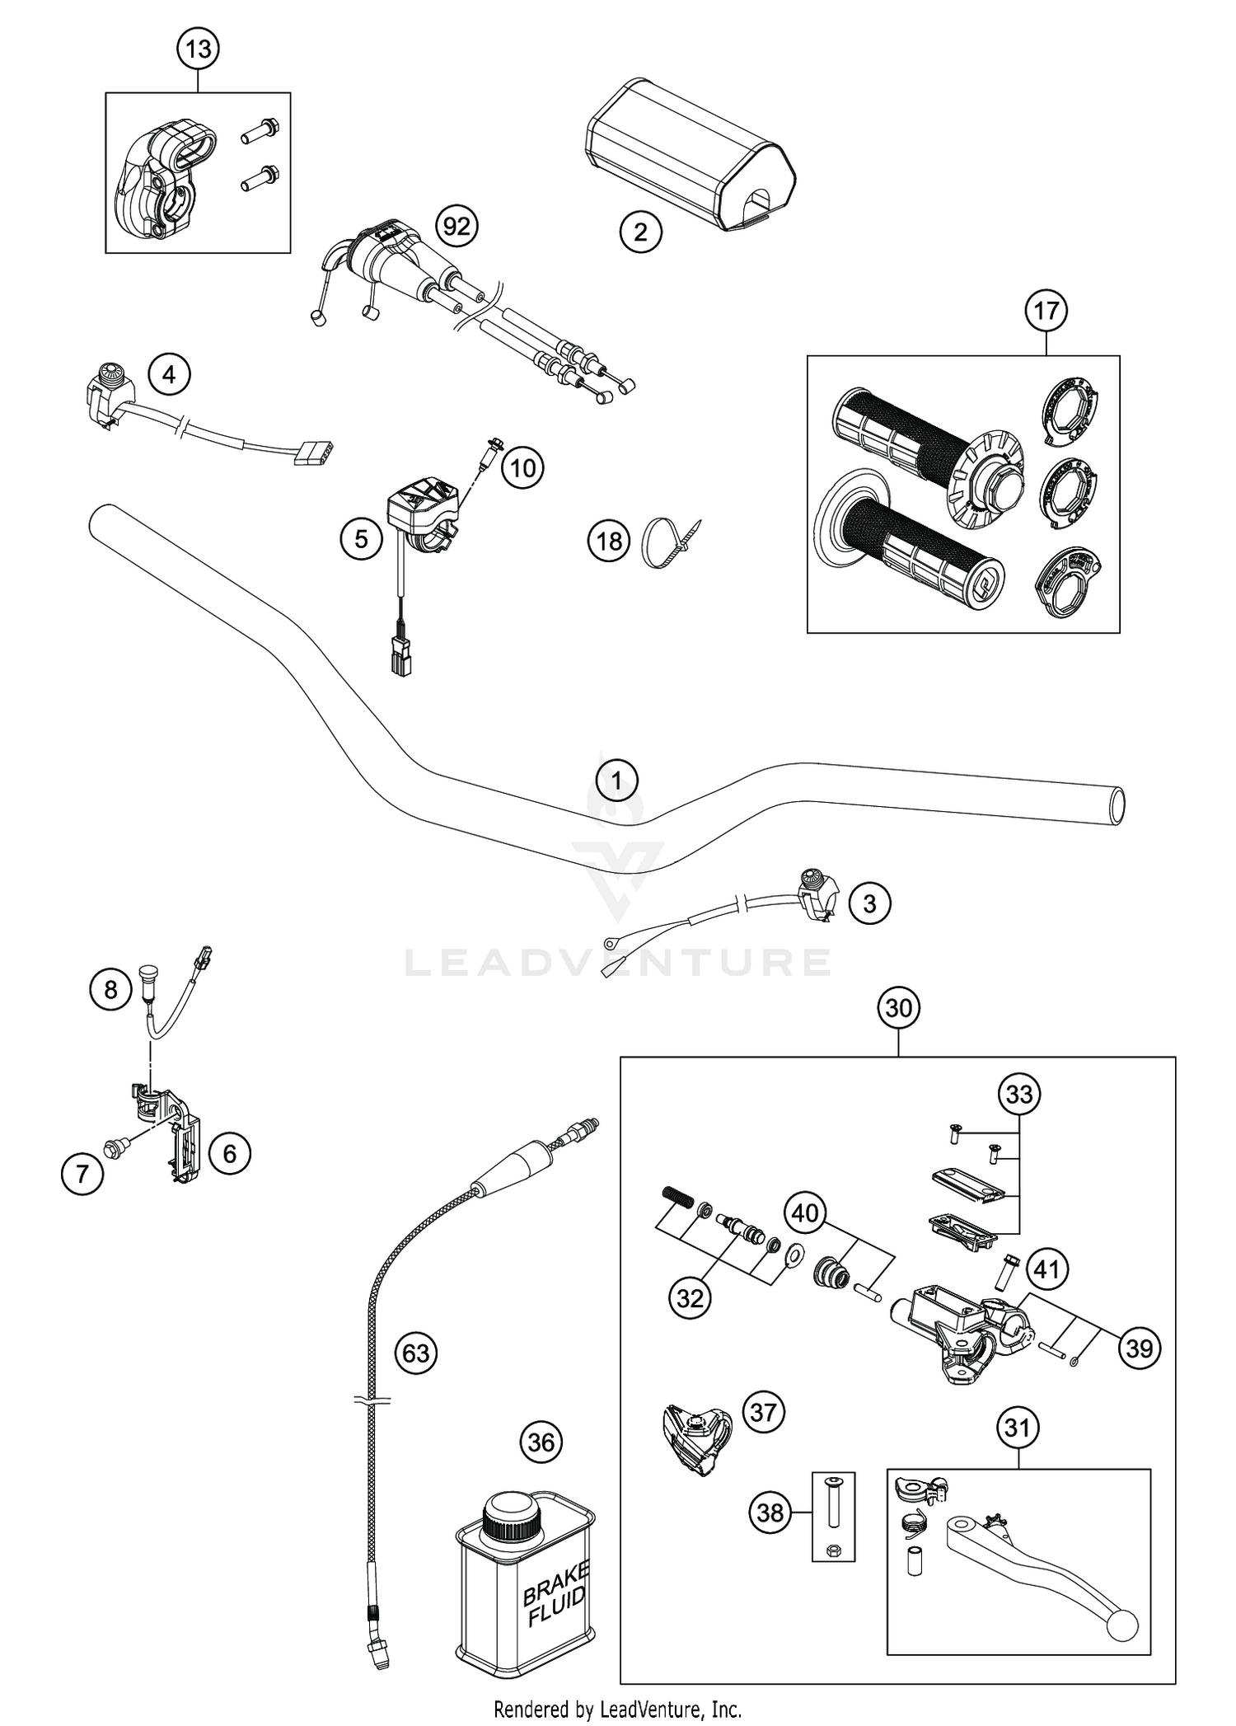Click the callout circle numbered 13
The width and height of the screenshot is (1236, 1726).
198,49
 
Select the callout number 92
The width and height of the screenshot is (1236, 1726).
456,225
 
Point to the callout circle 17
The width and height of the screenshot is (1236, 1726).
1046,311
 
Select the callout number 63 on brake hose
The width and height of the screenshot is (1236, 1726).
416,1353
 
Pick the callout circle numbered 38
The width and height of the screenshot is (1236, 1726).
770,1512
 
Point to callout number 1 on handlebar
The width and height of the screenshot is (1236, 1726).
617,779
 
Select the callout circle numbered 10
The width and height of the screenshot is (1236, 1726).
522,468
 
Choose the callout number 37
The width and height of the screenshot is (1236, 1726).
763,1412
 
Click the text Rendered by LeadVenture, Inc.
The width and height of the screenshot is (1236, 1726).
617,1709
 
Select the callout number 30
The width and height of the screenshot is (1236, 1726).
898,1007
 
